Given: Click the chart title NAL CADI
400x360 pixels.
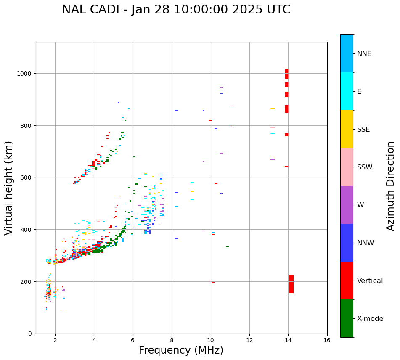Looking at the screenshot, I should click(x=176, y=10).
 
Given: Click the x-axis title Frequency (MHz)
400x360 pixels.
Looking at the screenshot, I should click(x=181, y=350).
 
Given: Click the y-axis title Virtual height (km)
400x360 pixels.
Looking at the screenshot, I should click(x=9, y=188).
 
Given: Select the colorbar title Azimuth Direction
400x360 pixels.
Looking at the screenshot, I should click(x=391, y=186).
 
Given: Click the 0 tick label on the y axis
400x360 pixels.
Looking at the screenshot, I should click(x=29, y=334).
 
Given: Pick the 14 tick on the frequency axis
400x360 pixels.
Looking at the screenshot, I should click(x=288, y=341).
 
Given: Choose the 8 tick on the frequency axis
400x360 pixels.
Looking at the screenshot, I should click(x=172, y=341).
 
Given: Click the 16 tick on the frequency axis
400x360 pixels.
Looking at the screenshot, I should click(x=327, y=341).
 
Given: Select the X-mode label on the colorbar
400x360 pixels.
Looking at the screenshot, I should click(x=370, y=319).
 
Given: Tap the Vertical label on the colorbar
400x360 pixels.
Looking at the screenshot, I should click(x=370, y=281).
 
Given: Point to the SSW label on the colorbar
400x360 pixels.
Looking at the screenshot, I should click(x=365, y=167).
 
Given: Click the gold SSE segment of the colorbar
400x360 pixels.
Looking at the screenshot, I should click(x=347, y=129).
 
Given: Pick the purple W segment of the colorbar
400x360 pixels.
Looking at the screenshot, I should click(x=347, y=205).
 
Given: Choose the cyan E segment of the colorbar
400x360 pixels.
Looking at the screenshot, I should click(x=347, y=91).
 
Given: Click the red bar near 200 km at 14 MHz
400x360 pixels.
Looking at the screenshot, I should click(x=291, y=284).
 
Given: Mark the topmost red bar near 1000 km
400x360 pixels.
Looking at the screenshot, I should click(x=287, y=74).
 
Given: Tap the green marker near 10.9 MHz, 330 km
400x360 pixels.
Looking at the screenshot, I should click(x=227, y=247).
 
